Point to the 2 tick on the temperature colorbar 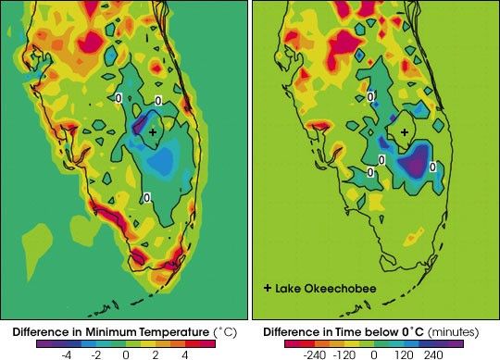point(156,353)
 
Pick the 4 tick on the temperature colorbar point(185,353)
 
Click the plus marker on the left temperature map point(153,133)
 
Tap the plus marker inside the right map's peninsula point(404,133)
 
